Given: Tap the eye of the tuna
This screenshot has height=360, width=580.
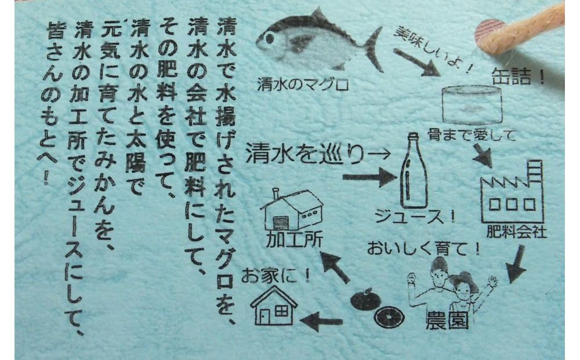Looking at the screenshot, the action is coord(270,38).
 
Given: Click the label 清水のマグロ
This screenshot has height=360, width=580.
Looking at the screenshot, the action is coord(303,85).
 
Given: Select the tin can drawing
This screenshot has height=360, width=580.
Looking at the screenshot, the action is coord(472,104).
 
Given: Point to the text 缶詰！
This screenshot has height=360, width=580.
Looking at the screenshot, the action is coord(518,77).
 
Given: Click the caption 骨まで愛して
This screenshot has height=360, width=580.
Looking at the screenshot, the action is coord(471,135).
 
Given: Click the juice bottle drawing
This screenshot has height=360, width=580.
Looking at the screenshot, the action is coord(413,171).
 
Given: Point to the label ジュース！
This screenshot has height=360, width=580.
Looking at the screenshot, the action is coord(415,217).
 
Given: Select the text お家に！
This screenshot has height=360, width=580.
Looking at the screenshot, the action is coord(275,275).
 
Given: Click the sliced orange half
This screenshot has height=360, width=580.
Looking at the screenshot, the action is coord(389,317).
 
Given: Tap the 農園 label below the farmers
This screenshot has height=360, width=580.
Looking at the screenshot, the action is coord(447,320).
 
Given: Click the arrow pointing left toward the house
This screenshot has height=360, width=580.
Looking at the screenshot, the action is coord(321,321).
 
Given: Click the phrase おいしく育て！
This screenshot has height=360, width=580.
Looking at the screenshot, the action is coord(423,248).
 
